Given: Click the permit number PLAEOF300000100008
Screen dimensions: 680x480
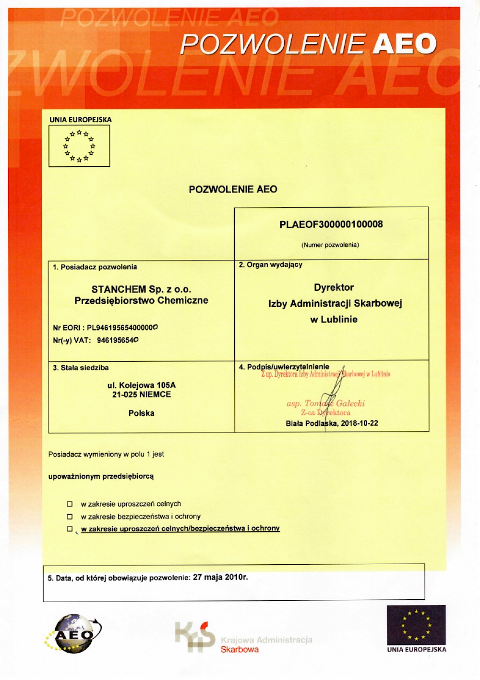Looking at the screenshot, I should point(331,224).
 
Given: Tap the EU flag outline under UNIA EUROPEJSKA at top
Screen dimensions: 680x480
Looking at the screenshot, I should point(79,146).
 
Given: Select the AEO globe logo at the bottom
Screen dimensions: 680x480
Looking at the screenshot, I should point(73,634).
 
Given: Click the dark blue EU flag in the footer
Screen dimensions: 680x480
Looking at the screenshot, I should point(416,625).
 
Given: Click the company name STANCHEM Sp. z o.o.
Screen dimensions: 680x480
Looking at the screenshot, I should point(141,289).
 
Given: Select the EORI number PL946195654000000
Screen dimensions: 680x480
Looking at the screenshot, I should point(122,328).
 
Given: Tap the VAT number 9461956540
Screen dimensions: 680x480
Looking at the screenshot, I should point(118,340).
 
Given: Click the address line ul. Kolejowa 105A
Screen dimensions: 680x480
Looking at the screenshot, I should point(141,385).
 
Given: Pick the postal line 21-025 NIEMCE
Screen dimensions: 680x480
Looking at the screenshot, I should point(141,395).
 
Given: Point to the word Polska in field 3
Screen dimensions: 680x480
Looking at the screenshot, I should point(141,413).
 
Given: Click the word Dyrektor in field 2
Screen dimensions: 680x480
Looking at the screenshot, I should point(334,288).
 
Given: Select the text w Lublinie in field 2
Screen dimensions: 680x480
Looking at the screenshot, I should point(334,320).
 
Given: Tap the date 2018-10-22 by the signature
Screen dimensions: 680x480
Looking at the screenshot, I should point(360,423).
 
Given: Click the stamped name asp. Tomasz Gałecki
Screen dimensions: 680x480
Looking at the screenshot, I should point(325,404).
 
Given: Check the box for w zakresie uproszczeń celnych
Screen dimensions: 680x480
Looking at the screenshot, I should point(70,504).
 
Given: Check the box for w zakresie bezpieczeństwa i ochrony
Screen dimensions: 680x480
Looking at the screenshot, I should point(70,517).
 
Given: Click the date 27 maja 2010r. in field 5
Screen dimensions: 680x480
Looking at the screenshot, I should point(220,577).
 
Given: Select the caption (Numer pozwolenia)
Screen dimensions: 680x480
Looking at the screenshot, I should point(330,245).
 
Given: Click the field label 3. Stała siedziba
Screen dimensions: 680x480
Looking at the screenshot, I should point(81,368).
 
